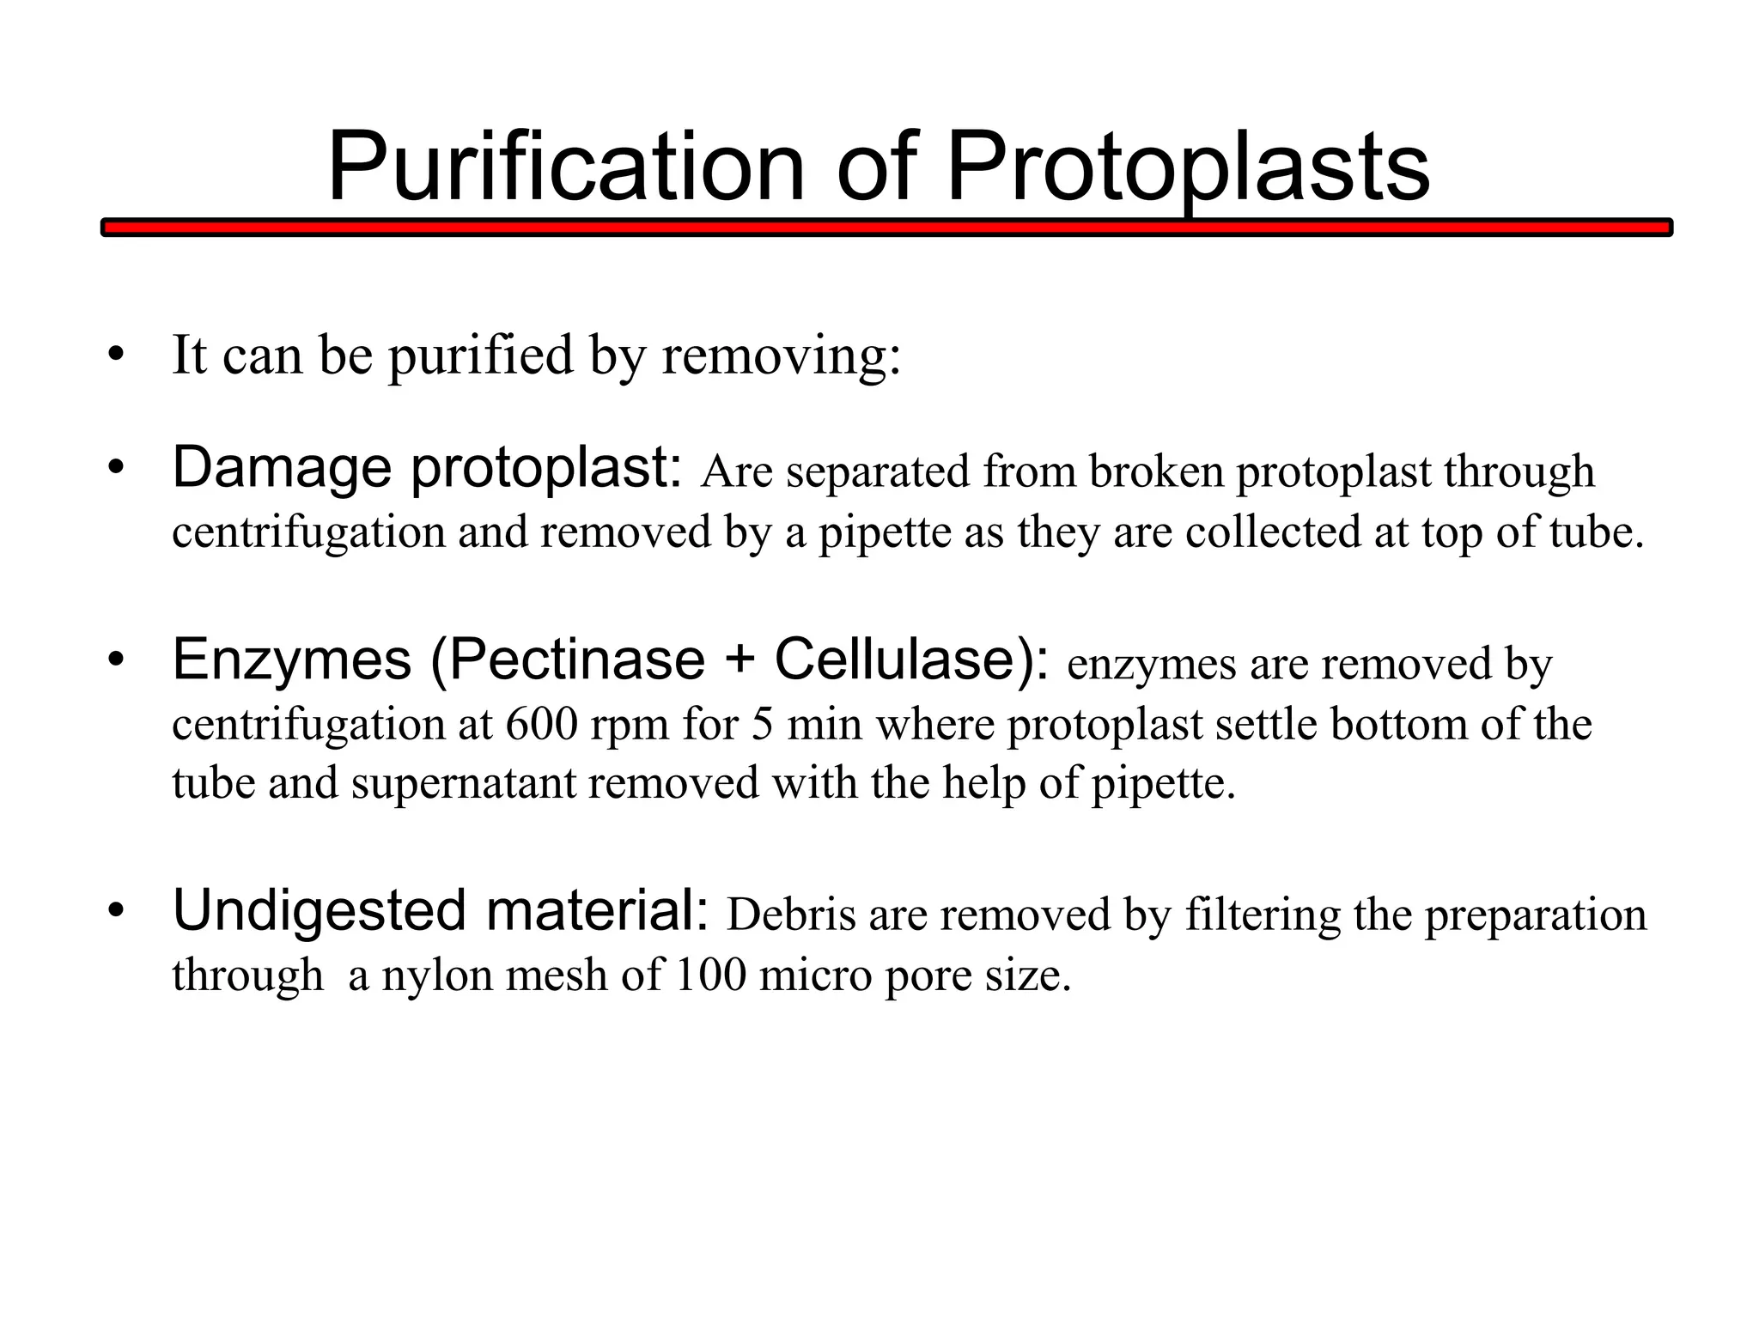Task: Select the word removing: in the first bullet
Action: point(781,355)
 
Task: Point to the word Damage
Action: point(284,469)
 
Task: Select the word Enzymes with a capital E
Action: point(292,660)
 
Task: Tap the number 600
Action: point(540,723)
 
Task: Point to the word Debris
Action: point(791,915)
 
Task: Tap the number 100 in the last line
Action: point(710,975)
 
